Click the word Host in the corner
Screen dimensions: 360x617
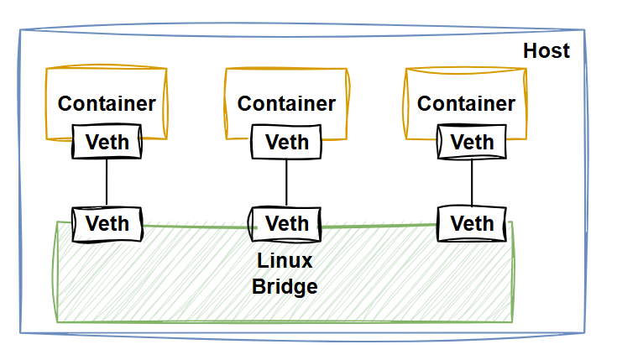pos(546,50)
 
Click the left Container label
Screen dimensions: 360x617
pos(107,103)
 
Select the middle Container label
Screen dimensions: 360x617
pos(286,103)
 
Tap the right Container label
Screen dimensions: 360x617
pos(466,103)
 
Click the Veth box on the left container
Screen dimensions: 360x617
pos(107,142)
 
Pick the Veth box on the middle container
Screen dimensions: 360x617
pos(286,142)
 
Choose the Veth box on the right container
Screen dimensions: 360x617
pos(472,142)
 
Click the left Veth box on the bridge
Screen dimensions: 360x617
pos(107,224)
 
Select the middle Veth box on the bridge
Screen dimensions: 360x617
pos(286,224)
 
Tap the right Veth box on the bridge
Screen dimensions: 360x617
pos(472,224)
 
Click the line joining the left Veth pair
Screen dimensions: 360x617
pos(107,182)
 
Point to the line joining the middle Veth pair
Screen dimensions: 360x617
pos(286,182)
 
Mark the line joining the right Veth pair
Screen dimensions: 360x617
pos(471,182)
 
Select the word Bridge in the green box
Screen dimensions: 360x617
pos(285,286)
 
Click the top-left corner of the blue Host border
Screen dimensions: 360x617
pos(21,32)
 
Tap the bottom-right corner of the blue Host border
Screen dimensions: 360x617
pos(585,333)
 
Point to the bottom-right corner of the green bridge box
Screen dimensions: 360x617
pos(512,321)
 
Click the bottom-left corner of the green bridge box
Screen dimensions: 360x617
pos(56,321)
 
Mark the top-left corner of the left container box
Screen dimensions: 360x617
pos(45,70)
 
